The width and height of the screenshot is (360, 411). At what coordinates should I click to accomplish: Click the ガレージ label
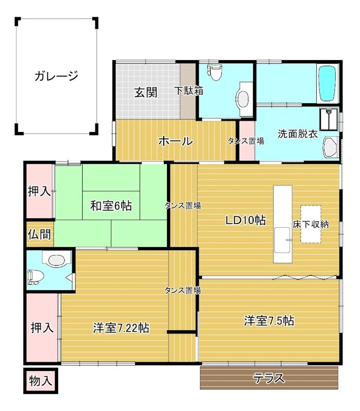pyautogui.click(x=56, y=76)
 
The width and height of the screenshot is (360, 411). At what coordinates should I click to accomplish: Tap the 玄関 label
pyautogui.click(x=146, y=92)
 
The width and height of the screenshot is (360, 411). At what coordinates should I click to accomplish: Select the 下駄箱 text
pyautogui.click(x=189, y=91)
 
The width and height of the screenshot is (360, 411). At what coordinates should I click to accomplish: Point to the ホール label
pyautogui.click(x=176, y=141)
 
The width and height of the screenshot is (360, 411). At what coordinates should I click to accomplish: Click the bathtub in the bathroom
pyautogui.click(x=328, y=83)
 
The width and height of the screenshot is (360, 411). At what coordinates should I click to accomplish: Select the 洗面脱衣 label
pyautogui.click(x=298, y=134)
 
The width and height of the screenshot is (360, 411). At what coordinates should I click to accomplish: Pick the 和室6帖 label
pyautogui.click(x=111, y=206)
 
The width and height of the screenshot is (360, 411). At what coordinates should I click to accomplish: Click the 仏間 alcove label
pyautogui.click(x=40, y=234)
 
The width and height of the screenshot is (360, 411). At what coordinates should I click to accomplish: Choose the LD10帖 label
pyautogui.click(x=246, y=220)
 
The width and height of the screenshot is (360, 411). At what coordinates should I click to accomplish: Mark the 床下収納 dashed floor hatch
pyautogui.click(x=311, y=224)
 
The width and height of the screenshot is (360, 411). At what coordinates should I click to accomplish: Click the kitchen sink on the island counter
pyautogui.click(x=282, y=240)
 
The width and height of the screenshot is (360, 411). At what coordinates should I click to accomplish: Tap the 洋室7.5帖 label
pyautogui.click(x=269, y=321)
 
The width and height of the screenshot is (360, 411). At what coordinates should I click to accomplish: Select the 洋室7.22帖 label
pyautogui.click(x=121, y=328)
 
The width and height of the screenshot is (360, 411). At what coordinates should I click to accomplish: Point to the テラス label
pyautogui.click(x=269, y=378)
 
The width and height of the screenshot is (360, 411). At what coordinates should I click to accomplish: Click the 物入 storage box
pyautogui.click(x=41, y=381)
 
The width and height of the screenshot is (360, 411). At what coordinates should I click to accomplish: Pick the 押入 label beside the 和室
pyautogui.click(x=40, y=191)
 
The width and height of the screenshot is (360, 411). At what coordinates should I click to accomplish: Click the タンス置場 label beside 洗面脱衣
pyautogui.click(x=246, y=141)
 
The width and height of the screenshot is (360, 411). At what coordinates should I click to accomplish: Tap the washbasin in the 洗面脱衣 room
pyautogui.click(x=331, y=147)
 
